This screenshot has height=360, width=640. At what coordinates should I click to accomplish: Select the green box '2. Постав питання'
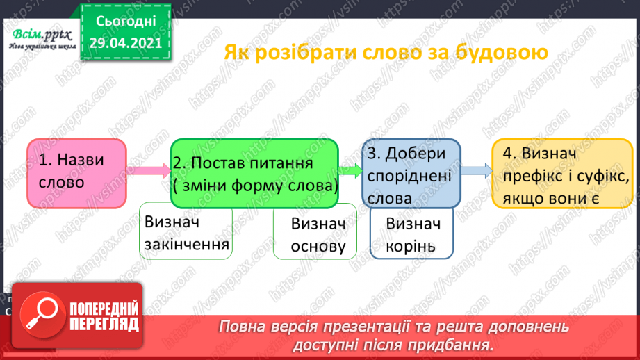coord(254,172)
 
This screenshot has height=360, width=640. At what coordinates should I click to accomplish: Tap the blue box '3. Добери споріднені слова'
coord(411,174)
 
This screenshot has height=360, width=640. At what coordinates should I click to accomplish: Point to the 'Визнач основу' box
coord(315,236)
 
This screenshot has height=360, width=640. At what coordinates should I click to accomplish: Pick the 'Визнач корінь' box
coord(411,235)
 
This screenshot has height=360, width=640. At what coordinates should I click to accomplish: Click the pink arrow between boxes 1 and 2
coord(149,169)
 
